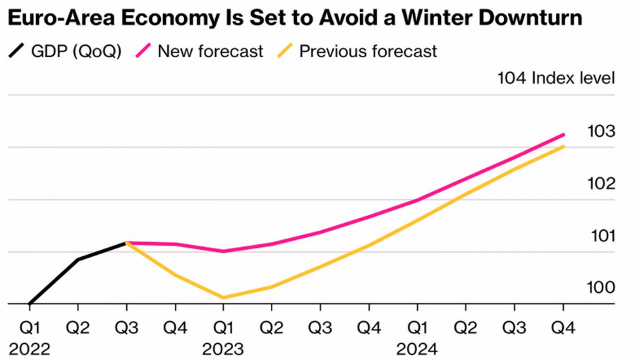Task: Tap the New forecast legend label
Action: (210, 52)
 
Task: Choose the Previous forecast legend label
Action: (368, 52)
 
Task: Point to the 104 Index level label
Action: (556, 78)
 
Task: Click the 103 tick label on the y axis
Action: (601, 131)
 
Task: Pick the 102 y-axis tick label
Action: (601, 184)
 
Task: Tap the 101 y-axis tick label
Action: (601, 236)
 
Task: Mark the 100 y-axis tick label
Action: (601, 288)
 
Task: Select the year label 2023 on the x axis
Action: (223, 349)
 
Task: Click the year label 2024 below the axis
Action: (417, 349)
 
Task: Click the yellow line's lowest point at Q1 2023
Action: (223, 298)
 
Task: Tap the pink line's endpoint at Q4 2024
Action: (563, 134)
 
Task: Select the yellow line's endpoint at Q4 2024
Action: (563, 146)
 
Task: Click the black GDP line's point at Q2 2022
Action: (78, 259)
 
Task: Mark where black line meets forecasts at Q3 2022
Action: (127, 243)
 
